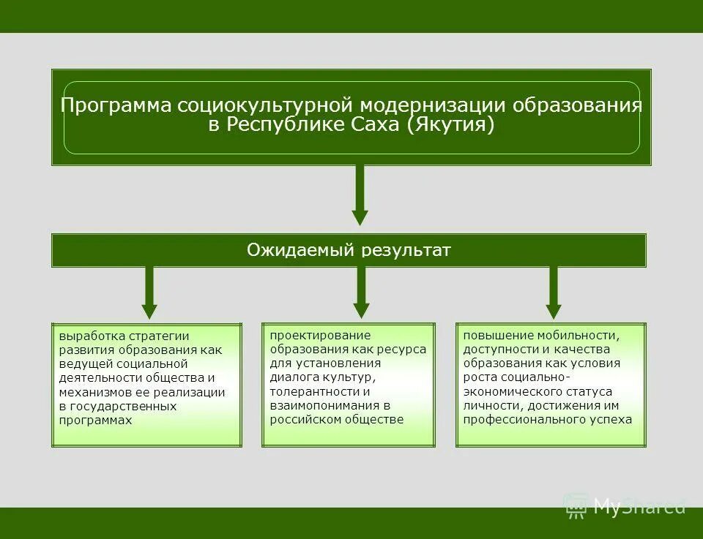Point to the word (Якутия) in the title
[451, 125]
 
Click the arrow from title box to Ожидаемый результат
[360, 195]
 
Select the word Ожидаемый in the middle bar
[300, 251]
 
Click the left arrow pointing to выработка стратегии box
[149, 292]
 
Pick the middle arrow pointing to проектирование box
[361, 292]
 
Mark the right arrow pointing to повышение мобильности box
[554, 292]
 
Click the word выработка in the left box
[87, 336]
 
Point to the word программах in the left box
[95, 421]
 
